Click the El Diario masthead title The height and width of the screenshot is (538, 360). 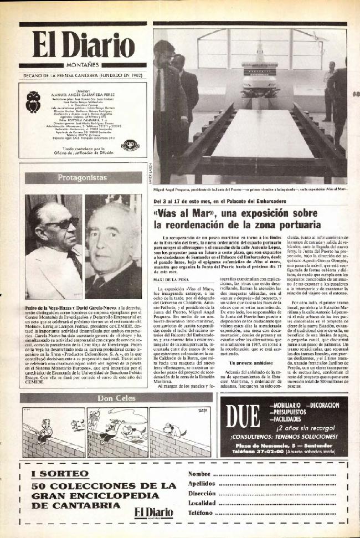click(x=83, y=45)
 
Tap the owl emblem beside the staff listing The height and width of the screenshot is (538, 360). click(x=34, y=101)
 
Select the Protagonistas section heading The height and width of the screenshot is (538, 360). click(x=82, y=178)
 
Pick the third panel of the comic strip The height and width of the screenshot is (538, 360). click(x=172, y=433)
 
